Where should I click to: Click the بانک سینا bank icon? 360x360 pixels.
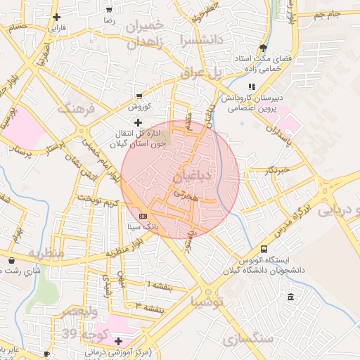pyautogui.click(x=143, y=216)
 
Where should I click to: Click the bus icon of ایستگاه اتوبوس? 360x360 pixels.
pyautogui.click(x=264, y=249)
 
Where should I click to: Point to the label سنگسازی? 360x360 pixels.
pyautogui.click(x=247, y=340)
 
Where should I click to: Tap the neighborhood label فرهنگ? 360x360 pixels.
pyautogui.click(x=78, y=108)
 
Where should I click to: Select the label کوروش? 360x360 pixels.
pyautogui.click(x=139, y=107)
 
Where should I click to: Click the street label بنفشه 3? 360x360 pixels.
pyautogui.click(x=148, y=307)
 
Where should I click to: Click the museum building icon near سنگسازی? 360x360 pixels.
pyautogui.click(x=291, y=300)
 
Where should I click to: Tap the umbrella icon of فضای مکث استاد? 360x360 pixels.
pyautogui.click(x=263, y=49)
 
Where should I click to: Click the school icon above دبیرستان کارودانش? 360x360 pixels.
pyautogui.click(x=251, y=87)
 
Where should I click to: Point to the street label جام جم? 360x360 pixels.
pyautogui.click(x=326, y=14)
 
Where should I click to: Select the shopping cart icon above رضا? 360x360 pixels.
pyautogui.click(x=109, y=10)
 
